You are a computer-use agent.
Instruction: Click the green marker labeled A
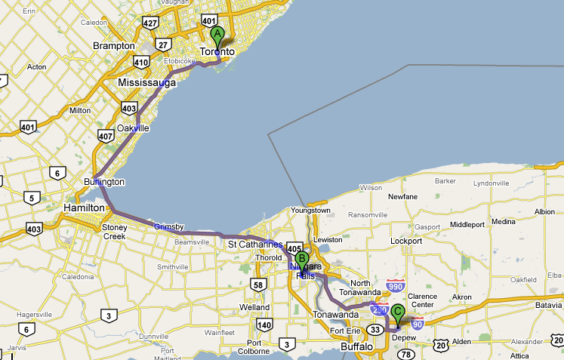(x=217, y=35)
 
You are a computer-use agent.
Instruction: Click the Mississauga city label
(x=147, y=82)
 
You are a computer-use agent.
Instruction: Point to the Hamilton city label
(x=85, y=208)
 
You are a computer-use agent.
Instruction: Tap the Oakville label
(x=133, y=128)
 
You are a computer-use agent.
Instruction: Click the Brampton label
(x=113, y=46)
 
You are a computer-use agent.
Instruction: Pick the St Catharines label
(x=255, y=245)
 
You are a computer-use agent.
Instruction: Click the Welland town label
(x=254, y=308)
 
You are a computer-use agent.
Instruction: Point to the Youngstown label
(x=311, y=211)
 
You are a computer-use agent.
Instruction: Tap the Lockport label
(x=406, y=241)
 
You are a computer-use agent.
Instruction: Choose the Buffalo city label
(x=356, y=346)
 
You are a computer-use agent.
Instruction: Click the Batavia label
(x=543, y=304)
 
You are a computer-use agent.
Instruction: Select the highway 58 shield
(x=258, y=285)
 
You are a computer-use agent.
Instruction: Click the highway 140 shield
(x=264, y=325)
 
